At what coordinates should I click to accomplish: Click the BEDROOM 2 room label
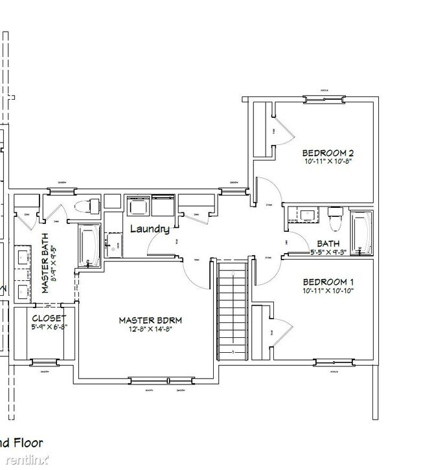click(x=328, y=153)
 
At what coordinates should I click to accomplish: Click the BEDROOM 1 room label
click(x=328, y=282)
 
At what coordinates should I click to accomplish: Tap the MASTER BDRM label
click(x=150, y=320)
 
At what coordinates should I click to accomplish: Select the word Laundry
click(x=150, y=229)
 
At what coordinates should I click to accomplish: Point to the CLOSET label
click(x=49, y=318)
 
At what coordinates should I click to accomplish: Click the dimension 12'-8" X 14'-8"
click(x=150, y=330)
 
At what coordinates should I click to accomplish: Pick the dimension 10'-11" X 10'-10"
click(x=328, y=291)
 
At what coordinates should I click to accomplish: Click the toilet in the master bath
click(x=84, y=207)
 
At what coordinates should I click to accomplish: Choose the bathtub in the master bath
click(x=89, y=245)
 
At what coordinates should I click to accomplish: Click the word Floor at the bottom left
click(x=28, y=443)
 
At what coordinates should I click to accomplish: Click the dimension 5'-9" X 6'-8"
click(x=49, y=327)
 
